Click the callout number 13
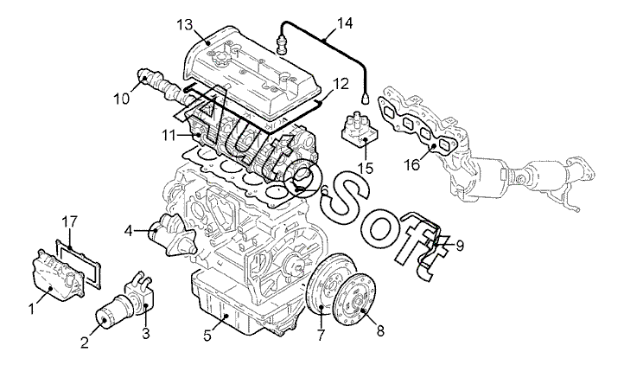tap(185, 25)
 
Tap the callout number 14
tap(345, 23)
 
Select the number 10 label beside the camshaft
tap(122, 99)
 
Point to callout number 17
tap(70, 221)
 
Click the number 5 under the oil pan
tap(207, 335)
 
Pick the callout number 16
tap(413, 164)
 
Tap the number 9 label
tap(460, 246)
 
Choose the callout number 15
tap(366, 168)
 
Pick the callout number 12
tap(341, 84)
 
